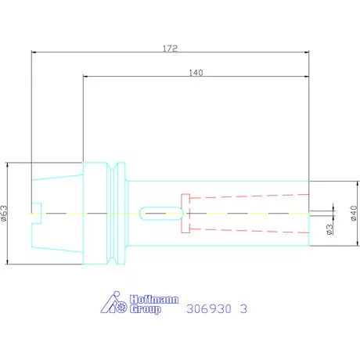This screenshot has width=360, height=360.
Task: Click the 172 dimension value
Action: point(170,49)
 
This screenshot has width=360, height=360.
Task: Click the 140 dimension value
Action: point(196,73)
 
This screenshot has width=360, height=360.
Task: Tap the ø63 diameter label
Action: point(4,214)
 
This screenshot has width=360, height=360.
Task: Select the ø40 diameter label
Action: point(354,213)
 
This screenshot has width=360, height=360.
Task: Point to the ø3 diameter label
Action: point(330,229)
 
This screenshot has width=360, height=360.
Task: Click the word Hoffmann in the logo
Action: point(154,299)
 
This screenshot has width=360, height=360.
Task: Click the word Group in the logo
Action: point(146,309)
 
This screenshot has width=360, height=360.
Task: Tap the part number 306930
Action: point(209,309)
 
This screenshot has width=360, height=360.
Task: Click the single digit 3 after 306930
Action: point(243,309)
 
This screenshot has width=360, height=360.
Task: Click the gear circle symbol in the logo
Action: point(121,308)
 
